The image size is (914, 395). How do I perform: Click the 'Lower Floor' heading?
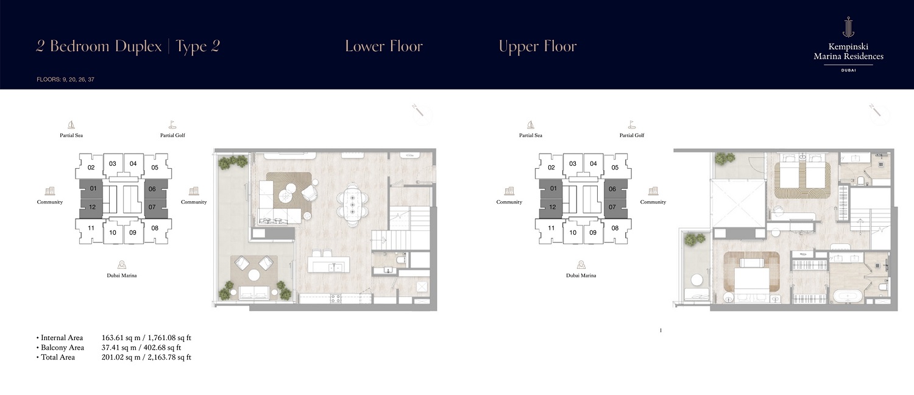[x=383, y=46]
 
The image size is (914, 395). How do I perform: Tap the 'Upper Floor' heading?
[x=537, y=46]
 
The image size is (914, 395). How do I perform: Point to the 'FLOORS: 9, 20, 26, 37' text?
[x=65, y=79]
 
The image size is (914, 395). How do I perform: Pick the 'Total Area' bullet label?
[x=58, y=357]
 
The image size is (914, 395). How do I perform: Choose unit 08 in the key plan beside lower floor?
[x=154, y=229]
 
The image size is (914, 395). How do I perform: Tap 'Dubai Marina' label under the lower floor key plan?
[x=122, y=276]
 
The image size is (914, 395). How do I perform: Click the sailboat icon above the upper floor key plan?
[x=530, y=124]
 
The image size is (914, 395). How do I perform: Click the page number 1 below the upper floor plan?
[x=661, y=330]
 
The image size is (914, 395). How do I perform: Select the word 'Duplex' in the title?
[x=136, y=47]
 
